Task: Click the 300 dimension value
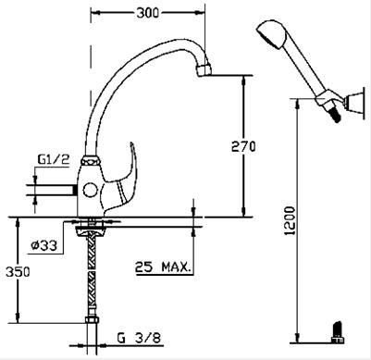(x=148, y=13)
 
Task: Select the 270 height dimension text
(x=243, y=146)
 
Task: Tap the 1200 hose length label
(x=290, y=220)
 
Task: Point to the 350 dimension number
(x=18, y=272)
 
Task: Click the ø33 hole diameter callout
(x=44, y=245)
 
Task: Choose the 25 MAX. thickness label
(x=162, y=267)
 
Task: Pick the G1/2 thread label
(x=54, y=159)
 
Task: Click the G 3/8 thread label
(x=139, y=339)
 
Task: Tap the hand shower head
(x=272, y=34)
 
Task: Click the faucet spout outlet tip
(x=204, y=69)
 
